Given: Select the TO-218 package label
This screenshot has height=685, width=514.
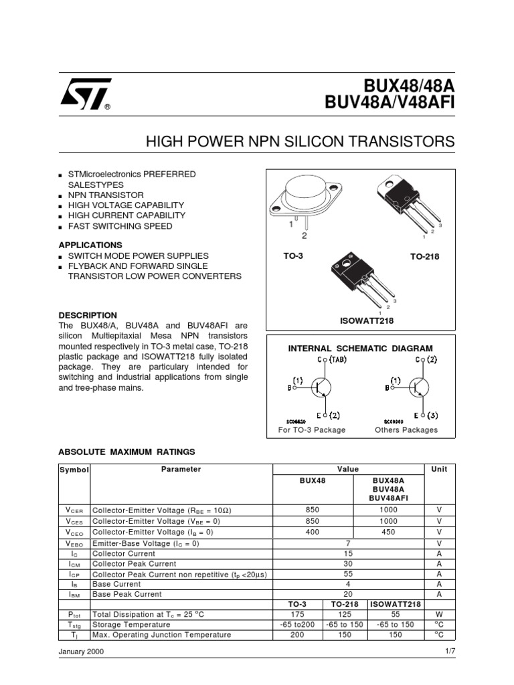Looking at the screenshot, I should [424, 256].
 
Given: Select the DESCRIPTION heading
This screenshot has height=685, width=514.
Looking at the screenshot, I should [88, 315].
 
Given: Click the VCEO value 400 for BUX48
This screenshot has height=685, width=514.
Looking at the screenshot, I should [312, 532].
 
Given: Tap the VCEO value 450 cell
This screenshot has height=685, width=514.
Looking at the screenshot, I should [389, 532].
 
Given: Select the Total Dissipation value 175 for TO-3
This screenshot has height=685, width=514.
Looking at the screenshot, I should [298, 614].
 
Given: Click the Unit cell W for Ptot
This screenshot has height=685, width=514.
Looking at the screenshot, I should [439, 614].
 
